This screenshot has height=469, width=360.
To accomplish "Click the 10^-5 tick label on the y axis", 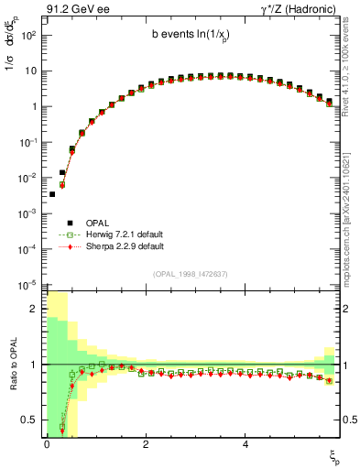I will tap(27, 284).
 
